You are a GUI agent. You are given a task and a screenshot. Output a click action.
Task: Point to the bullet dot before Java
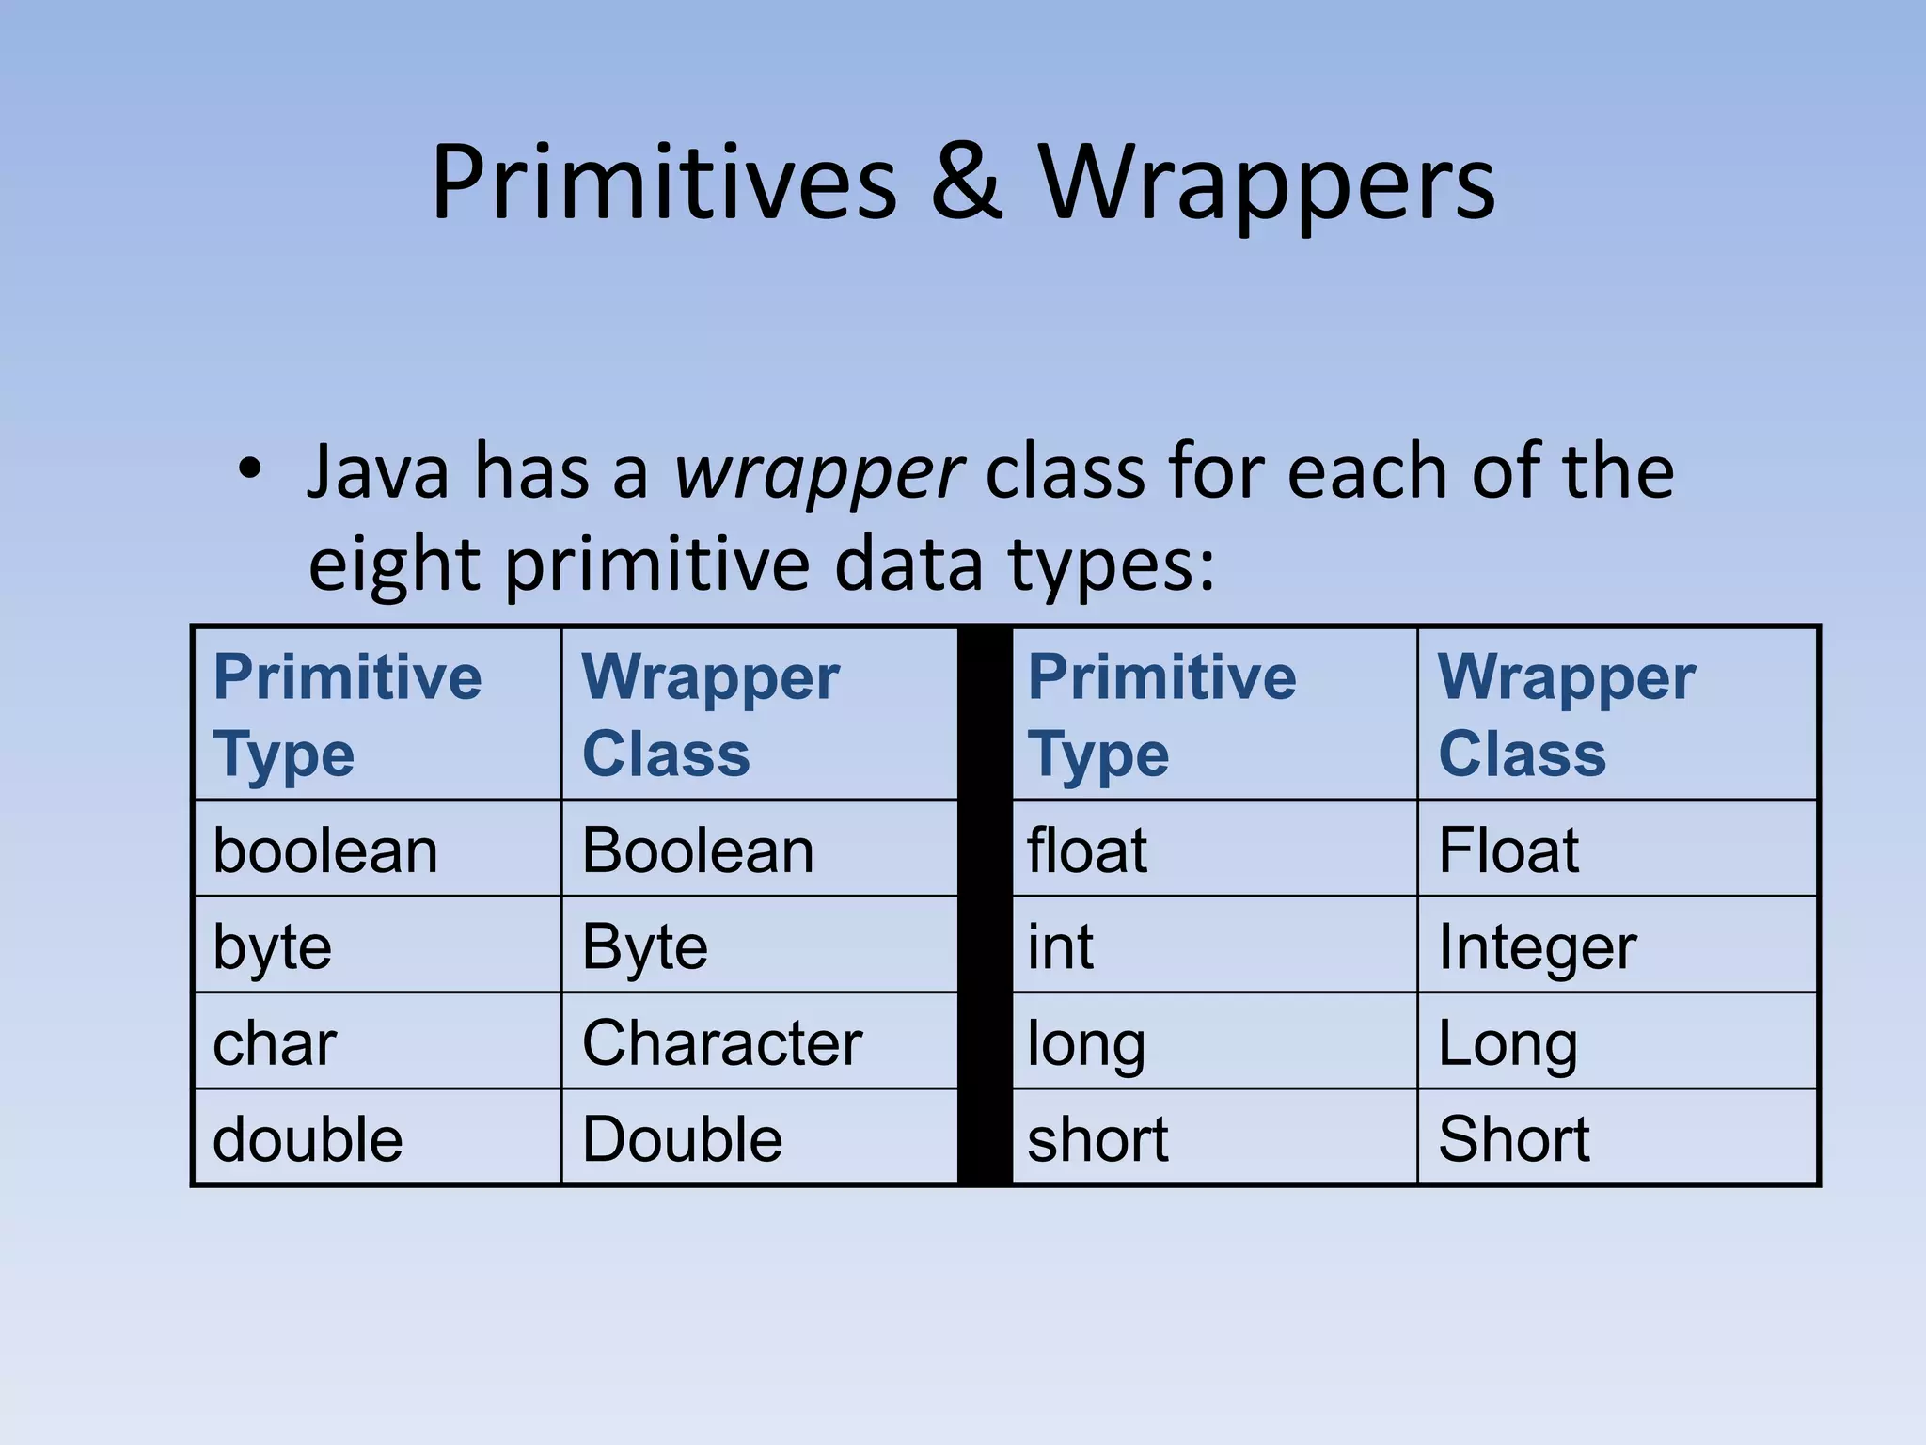[x=249, y=468]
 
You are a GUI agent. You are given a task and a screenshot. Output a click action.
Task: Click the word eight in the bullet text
[x=394, y=566]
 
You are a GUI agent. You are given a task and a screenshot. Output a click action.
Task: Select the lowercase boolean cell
[x=325, y=850]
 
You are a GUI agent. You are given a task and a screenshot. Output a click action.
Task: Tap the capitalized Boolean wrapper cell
[x=697, y=850]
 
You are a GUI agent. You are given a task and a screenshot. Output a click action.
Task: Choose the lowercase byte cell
[x=272, y=946]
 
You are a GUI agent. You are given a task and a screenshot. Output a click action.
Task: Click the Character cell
[x=721, y=1042]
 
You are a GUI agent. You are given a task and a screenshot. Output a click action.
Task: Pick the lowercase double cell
[x=308, y=1139]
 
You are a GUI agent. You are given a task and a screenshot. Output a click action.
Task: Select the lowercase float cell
[x=1086, y=850]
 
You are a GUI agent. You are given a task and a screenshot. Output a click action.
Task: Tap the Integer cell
[x=1538, y=946]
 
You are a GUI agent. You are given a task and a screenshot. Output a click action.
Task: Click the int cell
[x=1060, y=946]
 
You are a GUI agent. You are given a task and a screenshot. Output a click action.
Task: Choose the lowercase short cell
[x=1097, y=1139]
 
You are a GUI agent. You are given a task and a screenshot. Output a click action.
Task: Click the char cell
[x=274, y=1043]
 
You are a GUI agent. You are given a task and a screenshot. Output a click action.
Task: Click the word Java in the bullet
[x=378, y=471]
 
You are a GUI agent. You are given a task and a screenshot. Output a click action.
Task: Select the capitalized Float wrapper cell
[x=1508, y=850]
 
